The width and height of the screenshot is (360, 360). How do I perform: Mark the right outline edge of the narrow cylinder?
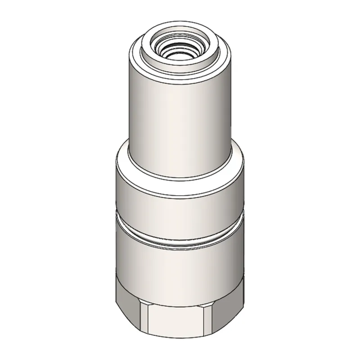coord(232,103)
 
